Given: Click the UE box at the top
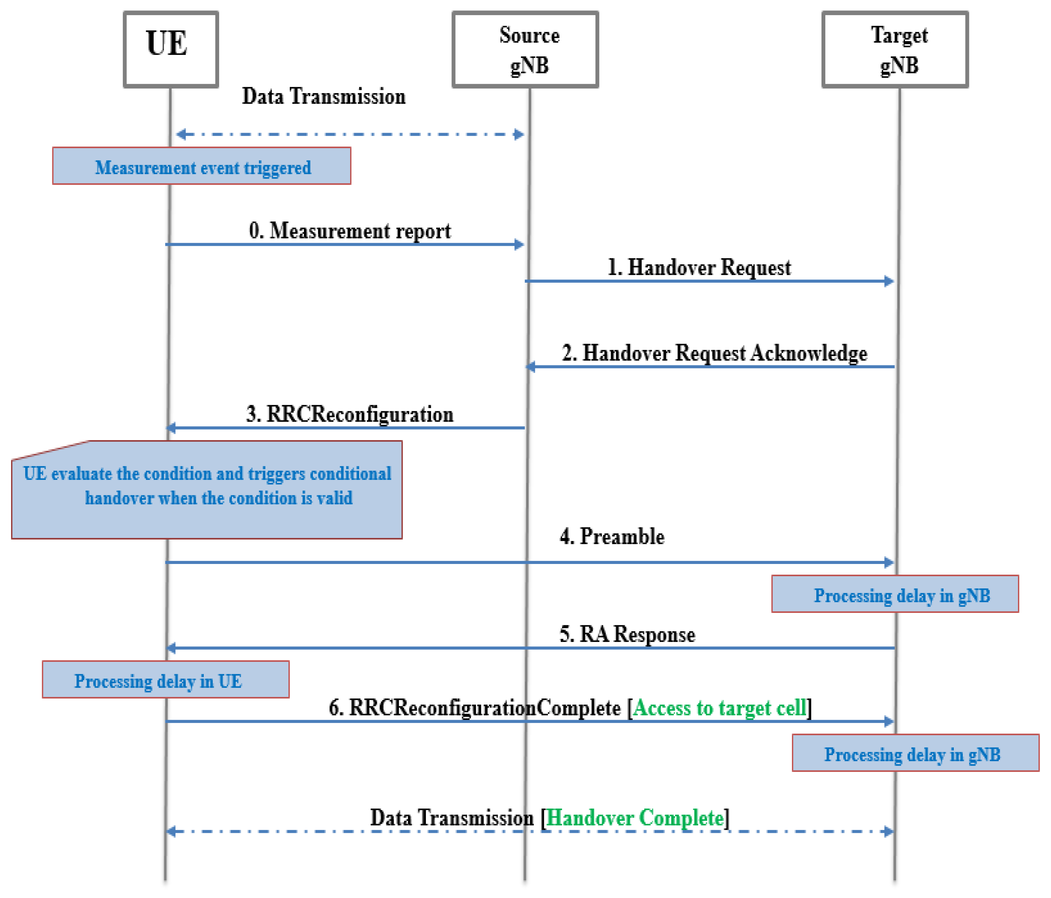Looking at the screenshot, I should click(171, 49).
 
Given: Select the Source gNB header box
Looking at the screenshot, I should click(525, 49).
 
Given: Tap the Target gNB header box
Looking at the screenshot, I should click(895, 49).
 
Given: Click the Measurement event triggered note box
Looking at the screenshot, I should click(202, 166).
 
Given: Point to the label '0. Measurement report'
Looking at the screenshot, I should click(349, 231).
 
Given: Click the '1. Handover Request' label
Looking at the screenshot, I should click(699, 268).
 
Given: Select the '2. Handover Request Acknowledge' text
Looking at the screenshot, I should click(714, 353).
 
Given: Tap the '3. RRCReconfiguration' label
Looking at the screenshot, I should click(349, 414).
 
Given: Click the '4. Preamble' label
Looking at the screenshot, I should click(612, 536).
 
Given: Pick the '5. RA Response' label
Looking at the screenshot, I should click(627, 634).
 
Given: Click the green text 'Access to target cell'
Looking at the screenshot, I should click(719, 708).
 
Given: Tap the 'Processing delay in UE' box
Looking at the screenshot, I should click(165, 679).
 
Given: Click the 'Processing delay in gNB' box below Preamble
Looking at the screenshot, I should click(895, 594).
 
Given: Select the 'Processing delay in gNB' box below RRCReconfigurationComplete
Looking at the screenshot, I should click(916, 753).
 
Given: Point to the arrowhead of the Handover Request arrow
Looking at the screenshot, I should click(889, 281).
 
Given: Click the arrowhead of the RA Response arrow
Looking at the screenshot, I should click(172, 648).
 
